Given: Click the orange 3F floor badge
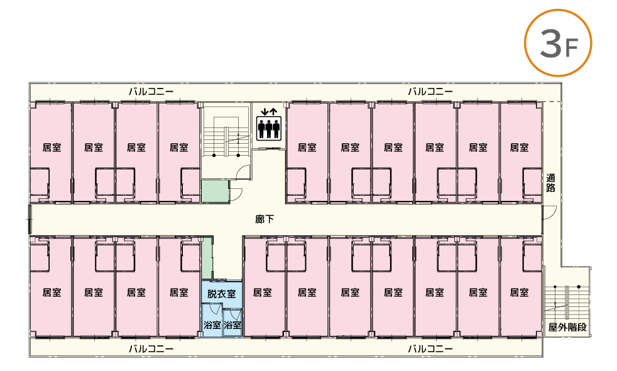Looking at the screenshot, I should (x=558, y=43).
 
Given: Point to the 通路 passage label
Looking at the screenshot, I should (x=550, y=182).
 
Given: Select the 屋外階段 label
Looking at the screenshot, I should (x=567, y=327).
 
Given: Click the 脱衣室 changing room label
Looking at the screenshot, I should (x=221, y=293).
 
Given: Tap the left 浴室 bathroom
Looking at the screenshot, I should (x=212, y=325).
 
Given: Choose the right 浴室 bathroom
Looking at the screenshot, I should (x=232, y=325).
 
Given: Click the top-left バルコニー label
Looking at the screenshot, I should (x=151, y=91).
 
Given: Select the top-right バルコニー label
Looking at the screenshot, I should (x=430, y=91).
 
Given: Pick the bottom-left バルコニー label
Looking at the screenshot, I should (x=151, y=348).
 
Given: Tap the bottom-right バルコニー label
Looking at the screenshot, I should (x=430, y=348).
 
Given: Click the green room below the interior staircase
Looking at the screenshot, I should (x=215, y=190).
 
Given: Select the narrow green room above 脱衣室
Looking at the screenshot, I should (x=206, y=257).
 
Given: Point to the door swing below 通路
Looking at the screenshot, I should (x=550, y=212).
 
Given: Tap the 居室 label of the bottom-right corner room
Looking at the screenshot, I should (x=519, y=292).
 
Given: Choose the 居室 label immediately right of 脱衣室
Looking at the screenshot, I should (x=262, y=292).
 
